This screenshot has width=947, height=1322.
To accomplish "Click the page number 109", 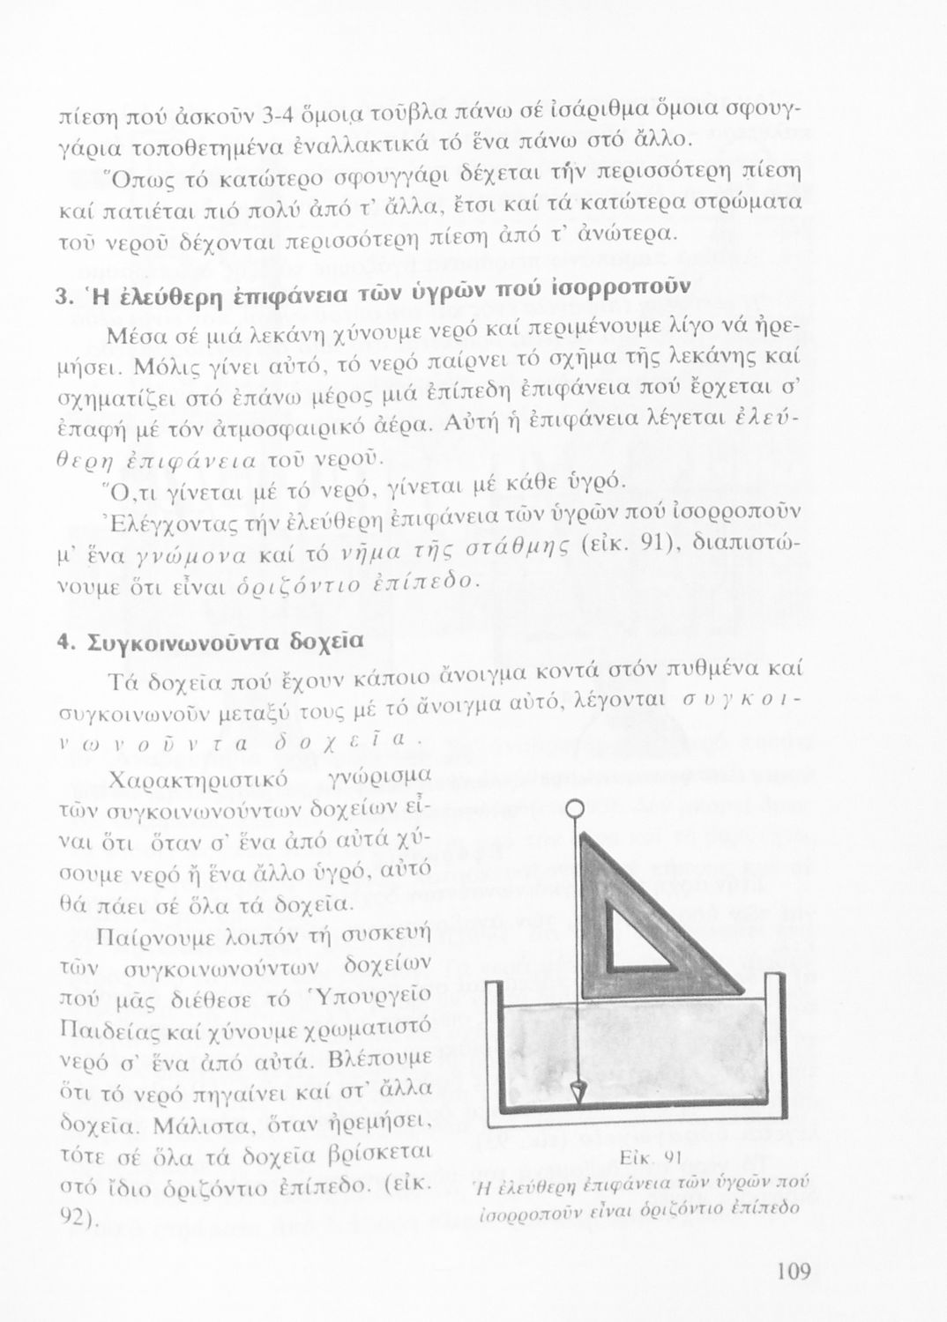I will click(x=794, y=1272).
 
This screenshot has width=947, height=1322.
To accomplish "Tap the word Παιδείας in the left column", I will click(x=99, y=1029).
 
